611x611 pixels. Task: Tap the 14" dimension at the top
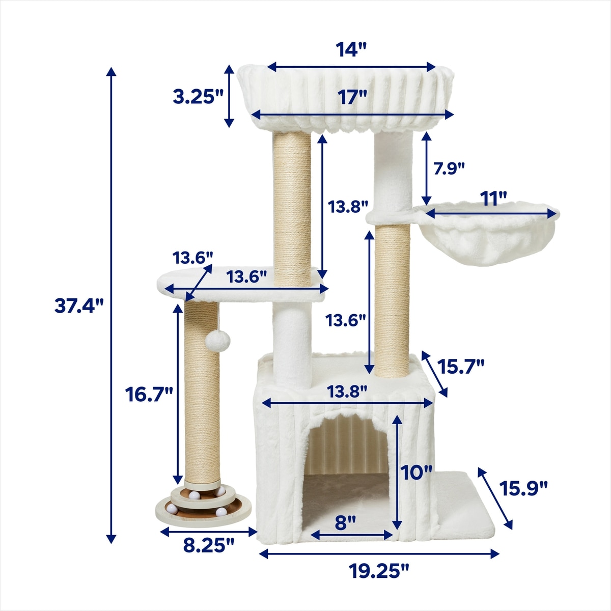click(x=351, y=50)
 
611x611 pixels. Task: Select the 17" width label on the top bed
click(x=352, y=97)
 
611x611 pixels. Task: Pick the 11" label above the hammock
click(x=493, y=199)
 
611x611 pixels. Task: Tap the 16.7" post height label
click(x=149, y=395)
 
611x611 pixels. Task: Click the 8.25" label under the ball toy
click(x=209, y=545)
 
